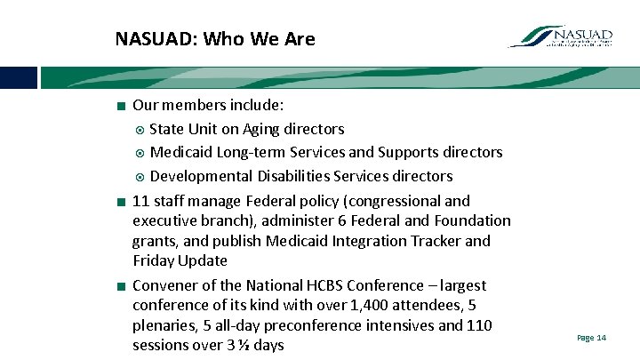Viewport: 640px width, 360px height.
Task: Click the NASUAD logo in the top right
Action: [x=561, y=36]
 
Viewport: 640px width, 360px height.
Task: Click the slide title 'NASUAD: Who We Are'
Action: [x=214, y=39]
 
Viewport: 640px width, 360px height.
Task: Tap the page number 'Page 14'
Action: [x=591, y=338]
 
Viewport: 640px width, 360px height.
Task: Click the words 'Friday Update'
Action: [x=180, y=260]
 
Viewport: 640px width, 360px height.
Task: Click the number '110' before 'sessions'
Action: [x=479, y=324]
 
